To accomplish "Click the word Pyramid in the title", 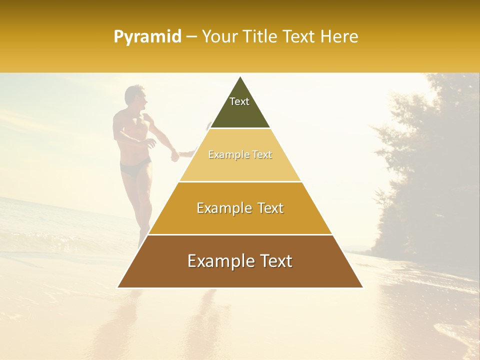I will (147, 37).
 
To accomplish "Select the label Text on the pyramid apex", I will (239, 101).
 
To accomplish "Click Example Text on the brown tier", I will (240, 261).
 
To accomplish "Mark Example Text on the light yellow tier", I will (240, 154).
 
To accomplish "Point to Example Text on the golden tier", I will (240, 208).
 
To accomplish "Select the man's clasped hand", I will (175, 156).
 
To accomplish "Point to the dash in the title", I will (191, 37).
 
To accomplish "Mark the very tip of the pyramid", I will (240, 77).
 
